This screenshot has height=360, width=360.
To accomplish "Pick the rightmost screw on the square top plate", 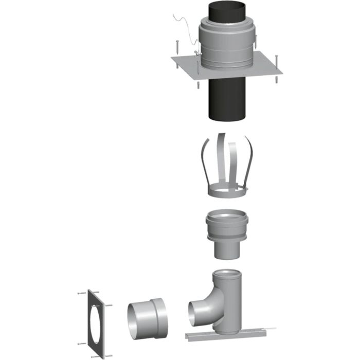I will [x=277, y=64].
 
